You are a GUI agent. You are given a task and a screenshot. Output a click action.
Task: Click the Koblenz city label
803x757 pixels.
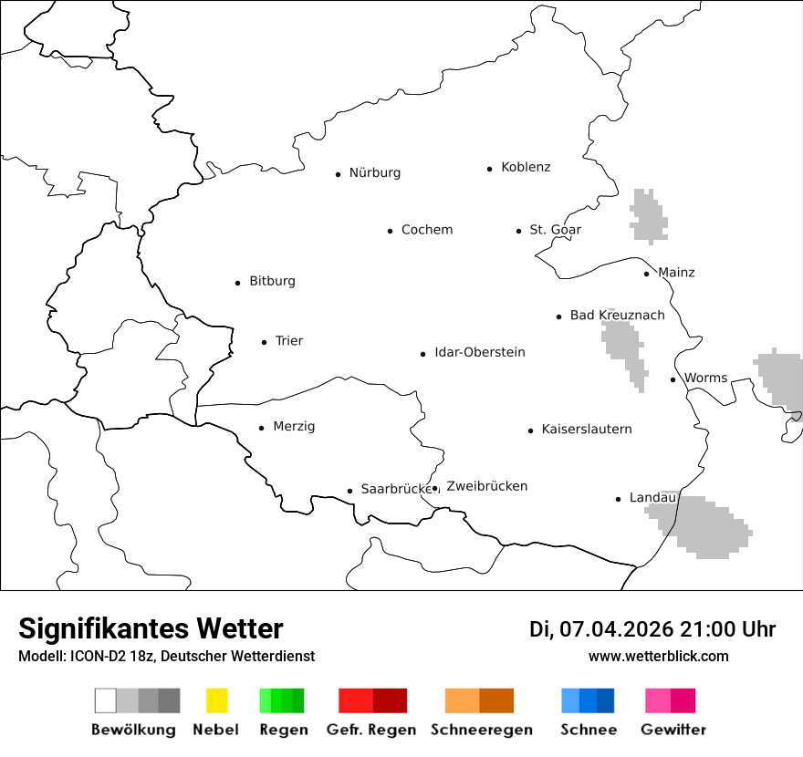tap(526, 167)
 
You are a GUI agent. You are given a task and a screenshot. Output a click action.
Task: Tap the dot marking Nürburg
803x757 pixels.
tap(338, 173)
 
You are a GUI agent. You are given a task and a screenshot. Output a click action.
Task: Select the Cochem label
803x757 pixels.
tap(426, 230)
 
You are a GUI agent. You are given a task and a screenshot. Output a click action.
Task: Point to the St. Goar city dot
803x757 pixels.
tap(518, 231)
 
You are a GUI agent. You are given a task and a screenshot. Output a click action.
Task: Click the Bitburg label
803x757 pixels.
tap(272, 281)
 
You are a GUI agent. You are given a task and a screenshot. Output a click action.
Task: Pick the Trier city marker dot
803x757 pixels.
tap(264, 342)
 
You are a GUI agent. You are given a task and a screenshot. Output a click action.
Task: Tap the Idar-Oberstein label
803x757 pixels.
tap(479, 352)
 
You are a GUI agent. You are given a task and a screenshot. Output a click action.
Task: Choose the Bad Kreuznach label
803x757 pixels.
tap(617, 315)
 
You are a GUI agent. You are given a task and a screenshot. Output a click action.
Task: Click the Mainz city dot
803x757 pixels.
tap(646, 274)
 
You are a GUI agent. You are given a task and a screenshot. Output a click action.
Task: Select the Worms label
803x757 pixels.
tap(705, 378)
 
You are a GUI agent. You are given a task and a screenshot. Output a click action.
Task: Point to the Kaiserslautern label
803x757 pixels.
tap(586, 429)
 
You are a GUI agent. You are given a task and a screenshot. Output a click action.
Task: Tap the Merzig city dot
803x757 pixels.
tap(261, 427)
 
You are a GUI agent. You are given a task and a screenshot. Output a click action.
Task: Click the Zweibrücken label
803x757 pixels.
tap(486, 486)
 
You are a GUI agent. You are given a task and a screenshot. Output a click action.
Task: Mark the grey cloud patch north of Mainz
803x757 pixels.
tap(648, 216)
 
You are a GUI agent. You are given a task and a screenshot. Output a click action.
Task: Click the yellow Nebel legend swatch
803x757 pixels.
tap(216, 700)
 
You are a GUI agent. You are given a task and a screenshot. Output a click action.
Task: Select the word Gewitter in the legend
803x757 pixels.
tap(673, 730)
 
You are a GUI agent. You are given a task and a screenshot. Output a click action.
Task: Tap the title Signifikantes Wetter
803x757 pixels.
tap(151, 628)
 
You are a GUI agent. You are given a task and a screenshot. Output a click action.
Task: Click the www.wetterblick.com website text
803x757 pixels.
tap(658, 656)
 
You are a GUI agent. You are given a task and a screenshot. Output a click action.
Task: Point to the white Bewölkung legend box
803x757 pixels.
tap(105, 700)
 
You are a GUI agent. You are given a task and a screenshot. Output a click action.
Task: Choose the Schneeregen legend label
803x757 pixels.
tap(481, 730)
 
